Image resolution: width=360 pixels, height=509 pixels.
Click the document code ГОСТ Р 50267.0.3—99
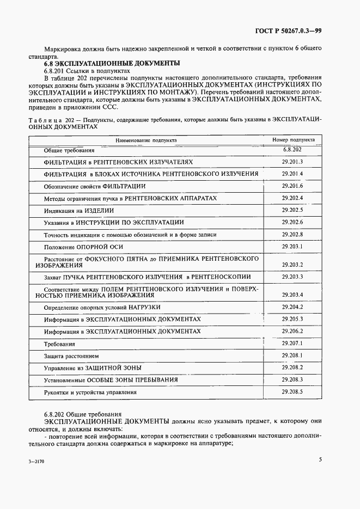click(288, 31)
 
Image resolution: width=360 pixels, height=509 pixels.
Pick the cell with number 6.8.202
click(292, 149)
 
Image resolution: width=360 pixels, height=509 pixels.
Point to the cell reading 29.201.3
click(292, 162)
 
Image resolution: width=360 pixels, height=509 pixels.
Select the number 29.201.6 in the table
click(292, 186)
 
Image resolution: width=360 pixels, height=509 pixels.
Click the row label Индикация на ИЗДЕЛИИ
click(79, 210)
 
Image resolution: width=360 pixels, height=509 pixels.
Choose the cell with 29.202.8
click(292, 234)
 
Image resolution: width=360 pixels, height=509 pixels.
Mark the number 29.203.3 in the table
click(292, 277)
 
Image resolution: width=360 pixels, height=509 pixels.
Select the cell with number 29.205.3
click(292, 319)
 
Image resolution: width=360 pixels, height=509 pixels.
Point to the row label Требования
click(59, 344)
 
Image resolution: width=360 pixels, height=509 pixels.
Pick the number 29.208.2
click(292, 367)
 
